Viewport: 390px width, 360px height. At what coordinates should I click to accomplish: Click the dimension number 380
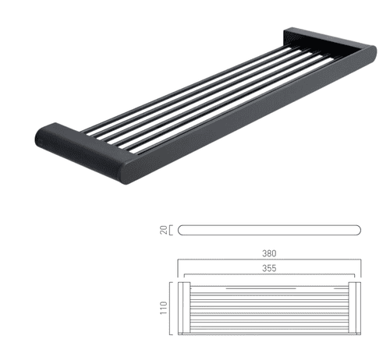coord(270,253)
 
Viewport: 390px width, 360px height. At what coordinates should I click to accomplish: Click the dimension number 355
coord(270,267)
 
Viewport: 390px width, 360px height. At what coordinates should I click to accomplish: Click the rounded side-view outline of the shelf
coord(270,230)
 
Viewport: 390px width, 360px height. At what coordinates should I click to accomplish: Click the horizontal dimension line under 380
coord(270,261)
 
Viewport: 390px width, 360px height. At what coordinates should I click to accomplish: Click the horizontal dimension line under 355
coord(270,275)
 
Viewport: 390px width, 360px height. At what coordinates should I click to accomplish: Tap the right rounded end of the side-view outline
coord(360,230)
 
